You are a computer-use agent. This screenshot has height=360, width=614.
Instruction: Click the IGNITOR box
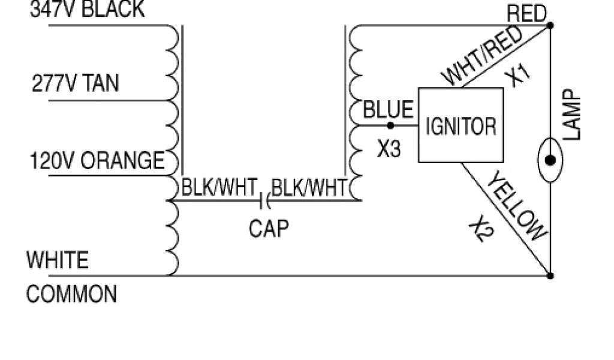coord(460,125)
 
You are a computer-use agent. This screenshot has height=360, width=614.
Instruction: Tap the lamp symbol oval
coord(550,160)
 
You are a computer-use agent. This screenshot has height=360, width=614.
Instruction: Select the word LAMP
coord(573,115)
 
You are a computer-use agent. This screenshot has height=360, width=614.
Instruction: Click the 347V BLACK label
coord(87,10)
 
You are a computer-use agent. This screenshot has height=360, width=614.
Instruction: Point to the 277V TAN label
coord(75,84)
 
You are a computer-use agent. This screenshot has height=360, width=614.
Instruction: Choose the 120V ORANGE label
coord(97,161)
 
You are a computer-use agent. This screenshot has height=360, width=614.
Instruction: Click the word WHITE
coord(58,260)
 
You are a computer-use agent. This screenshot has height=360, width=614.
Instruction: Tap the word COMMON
coord(71,295)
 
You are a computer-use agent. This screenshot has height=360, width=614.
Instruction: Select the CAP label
coord(269,228)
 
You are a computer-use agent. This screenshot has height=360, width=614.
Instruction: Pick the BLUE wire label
coord(389,110)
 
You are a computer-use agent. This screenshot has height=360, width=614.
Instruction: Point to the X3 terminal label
coord(389,149)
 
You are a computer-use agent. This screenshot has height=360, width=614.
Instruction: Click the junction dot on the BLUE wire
coord(390,125)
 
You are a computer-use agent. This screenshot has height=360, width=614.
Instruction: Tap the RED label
coord(526,13)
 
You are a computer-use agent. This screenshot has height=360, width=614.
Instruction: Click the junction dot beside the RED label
coord(550,25)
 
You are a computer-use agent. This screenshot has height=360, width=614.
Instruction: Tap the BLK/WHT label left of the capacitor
coord(219,188)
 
